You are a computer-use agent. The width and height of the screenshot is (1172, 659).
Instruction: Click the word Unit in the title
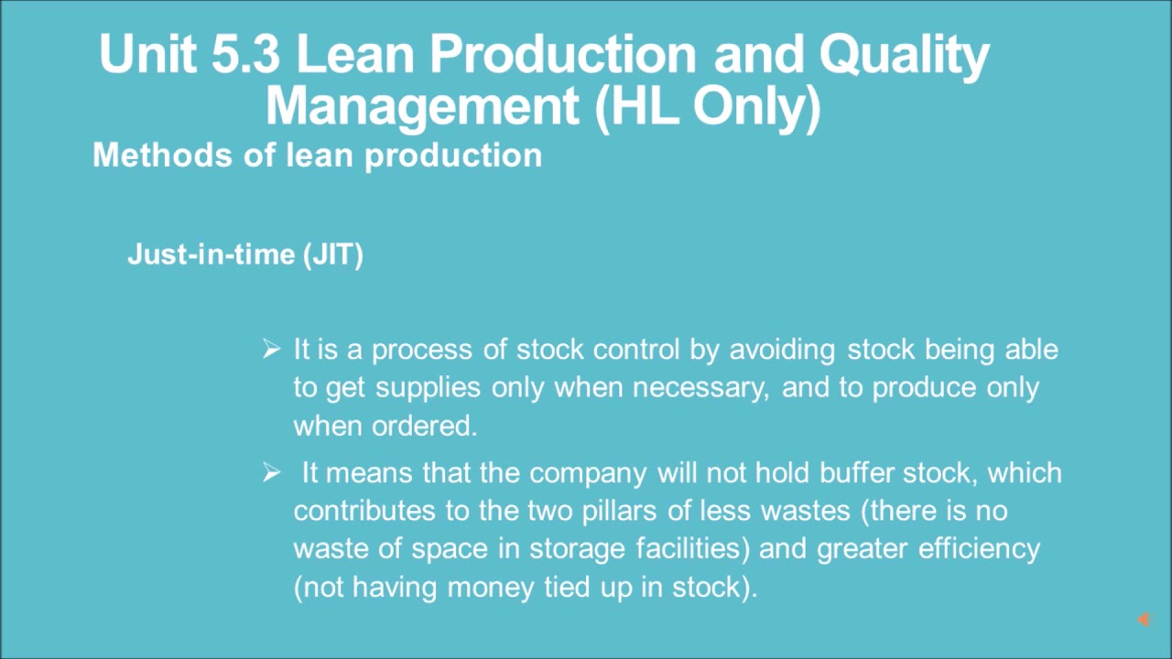click(146, 55)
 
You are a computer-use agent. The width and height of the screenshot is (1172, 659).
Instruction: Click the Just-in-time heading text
click(210, 254)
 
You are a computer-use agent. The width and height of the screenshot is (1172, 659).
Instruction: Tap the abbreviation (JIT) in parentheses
click(332, 254)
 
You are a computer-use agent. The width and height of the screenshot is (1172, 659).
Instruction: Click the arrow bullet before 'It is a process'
click(271, 349)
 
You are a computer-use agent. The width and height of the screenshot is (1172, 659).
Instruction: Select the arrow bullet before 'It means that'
click(271, 472)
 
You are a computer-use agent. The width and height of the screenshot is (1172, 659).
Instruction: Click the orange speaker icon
click(1143, 621)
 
